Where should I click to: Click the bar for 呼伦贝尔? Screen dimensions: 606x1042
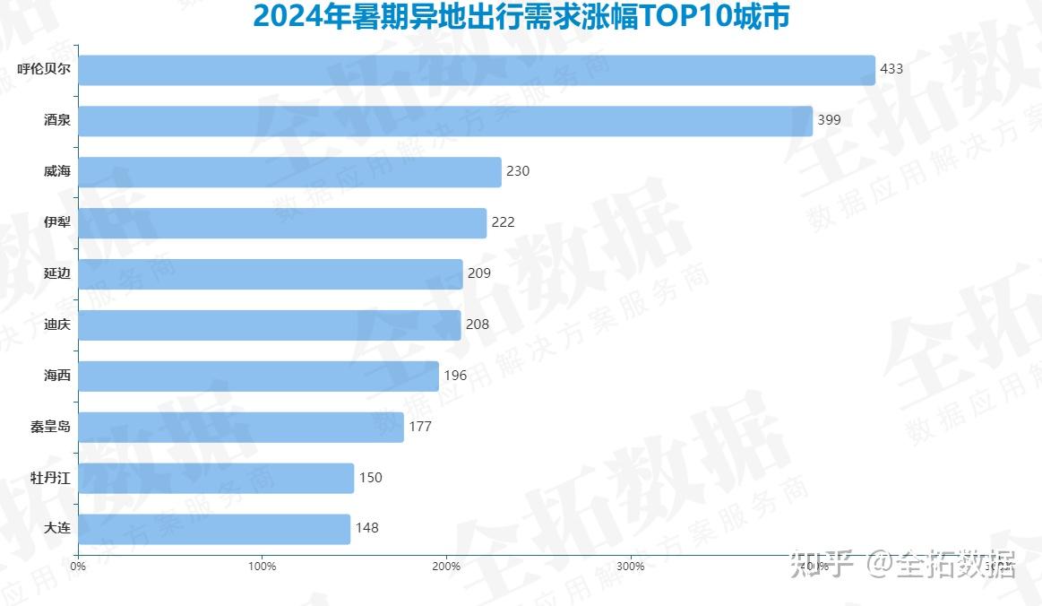click(x=477, y=70)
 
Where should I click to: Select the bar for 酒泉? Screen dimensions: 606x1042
click(x=445, y=121)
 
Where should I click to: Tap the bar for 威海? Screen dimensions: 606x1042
click(x=289, y=172)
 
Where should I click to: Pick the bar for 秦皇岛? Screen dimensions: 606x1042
click(x=241, y=427)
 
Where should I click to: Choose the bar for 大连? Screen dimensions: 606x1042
click(x=214, y=529)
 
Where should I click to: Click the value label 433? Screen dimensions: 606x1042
click(x=891, y=69)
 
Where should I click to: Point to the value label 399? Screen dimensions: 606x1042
click(x=829, y=120)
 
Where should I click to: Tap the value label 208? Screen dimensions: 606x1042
click(x=478, y=325)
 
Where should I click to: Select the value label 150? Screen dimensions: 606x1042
click(x=370, y=478)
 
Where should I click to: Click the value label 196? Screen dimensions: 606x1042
click(x=455, y=376)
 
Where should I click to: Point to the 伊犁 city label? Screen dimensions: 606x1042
click(x=56, y=222)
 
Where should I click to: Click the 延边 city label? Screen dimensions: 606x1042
click(x=56, y=273)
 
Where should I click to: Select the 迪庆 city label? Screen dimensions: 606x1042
click(x=56, y=325)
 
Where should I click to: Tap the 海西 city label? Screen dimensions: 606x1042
click(x=56, y=376)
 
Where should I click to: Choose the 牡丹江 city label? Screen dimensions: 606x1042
click(x=50, y=478)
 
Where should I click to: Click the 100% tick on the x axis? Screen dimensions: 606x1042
click(x=262, y=567)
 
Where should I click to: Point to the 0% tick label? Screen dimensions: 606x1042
click(x=78, y=567)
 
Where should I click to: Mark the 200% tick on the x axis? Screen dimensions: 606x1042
click(x=446, y=567)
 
